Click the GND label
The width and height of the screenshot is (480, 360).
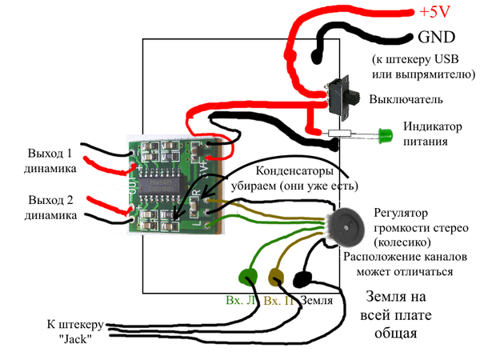(x=435, y=37)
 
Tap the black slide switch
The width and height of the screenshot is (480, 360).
(x=346, y=94)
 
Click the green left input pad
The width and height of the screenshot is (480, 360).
(x=246, y=276)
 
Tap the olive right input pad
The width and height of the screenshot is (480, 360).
(x=274, y=278)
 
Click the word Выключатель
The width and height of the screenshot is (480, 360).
(x=407, y=100)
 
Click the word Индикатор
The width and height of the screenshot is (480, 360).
(x=432, y=126)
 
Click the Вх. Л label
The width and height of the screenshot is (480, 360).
(x=240, y=301)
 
